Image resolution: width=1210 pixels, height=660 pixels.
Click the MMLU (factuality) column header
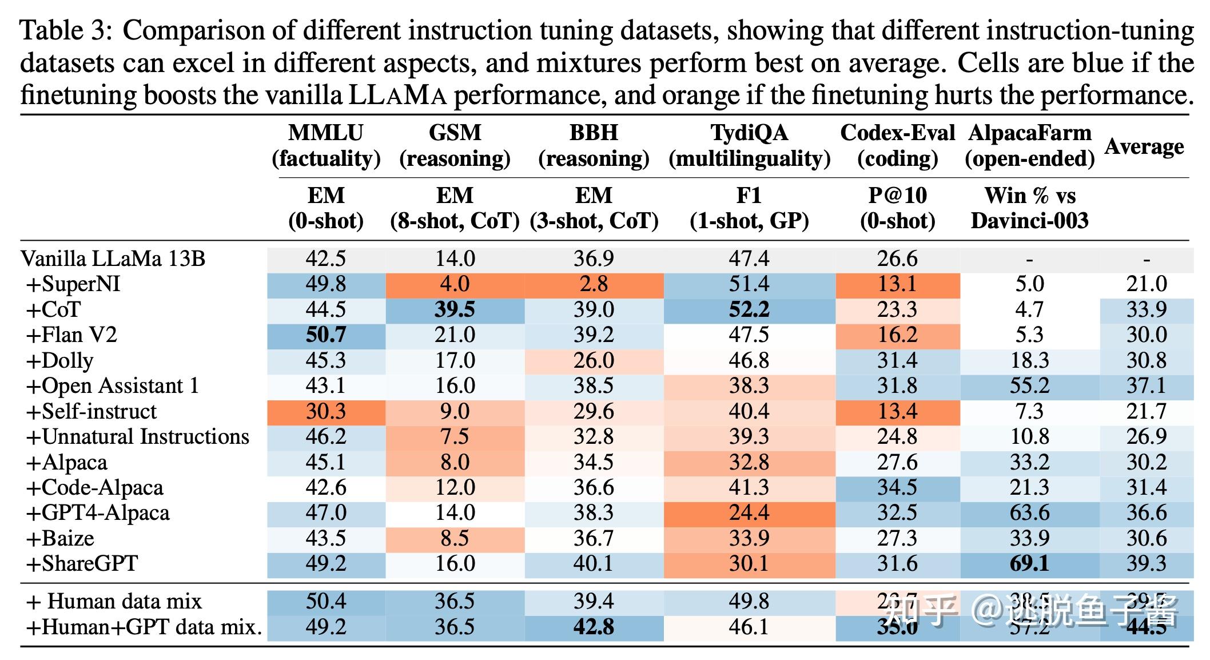326,145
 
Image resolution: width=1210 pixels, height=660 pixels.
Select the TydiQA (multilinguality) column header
749,145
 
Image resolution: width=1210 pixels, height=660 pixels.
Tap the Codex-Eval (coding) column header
897,145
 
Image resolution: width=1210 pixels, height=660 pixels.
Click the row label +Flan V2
71,335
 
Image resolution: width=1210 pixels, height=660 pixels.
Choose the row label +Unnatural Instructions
138,437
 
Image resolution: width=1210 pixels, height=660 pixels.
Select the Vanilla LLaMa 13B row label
113,259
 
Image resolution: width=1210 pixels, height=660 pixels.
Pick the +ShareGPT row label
82,564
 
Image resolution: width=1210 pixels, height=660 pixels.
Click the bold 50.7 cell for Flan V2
326,335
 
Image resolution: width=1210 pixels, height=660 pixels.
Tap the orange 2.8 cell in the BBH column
594,284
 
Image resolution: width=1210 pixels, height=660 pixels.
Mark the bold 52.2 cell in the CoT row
749,309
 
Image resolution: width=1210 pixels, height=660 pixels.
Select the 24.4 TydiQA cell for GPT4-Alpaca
749,513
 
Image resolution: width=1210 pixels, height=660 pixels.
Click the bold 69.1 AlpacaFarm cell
1029,564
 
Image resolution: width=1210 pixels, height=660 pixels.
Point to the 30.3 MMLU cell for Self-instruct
326,411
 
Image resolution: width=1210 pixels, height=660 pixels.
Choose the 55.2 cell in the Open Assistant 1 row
1029,386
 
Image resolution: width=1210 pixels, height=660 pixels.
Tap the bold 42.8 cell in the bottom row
594,627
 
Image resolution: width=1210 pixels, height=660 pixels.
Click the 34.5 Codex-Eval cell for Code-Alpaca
897,487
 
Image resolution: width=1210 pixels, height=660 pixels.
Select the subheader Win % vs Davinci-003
1029,208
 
